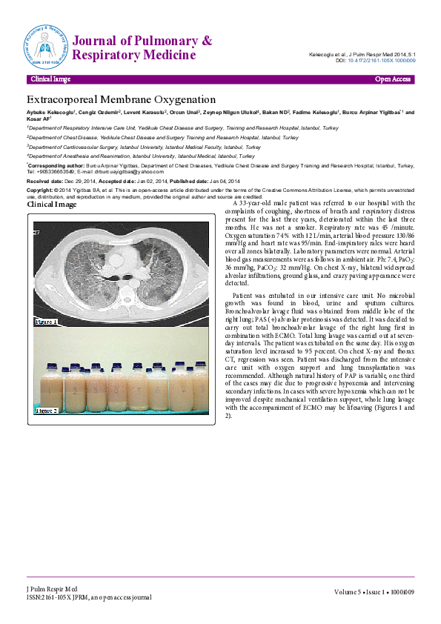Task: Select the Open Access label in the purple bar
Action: point(393,79)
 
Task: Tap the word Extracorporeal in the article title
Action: point(69,99)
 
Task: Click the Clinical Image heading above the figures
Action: point(52,205)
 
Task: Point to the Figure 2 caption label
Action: point(46,409)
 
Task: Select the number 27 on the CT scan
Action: point(36,232)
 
